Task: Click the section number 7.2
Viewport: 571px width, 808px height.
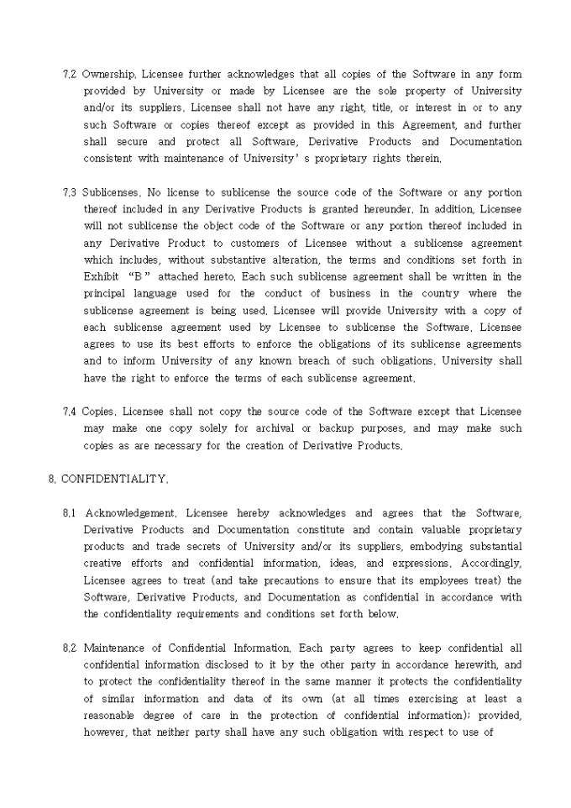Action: click(70, 74)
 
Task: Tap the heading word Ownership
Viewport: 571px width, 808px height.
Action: click(107, 74)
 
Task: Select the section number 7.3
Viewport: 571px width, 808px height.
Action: click(70, 192)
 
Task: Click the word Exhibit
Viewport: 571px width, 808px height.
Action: click(102, 276)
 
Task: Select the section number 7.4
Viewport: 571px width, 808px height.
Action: click(70, 412)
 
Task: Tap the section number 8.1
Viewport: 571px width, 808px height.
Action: click(70, 513)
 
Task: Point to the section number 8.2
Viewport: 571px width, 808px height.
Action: click(70, 648)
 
